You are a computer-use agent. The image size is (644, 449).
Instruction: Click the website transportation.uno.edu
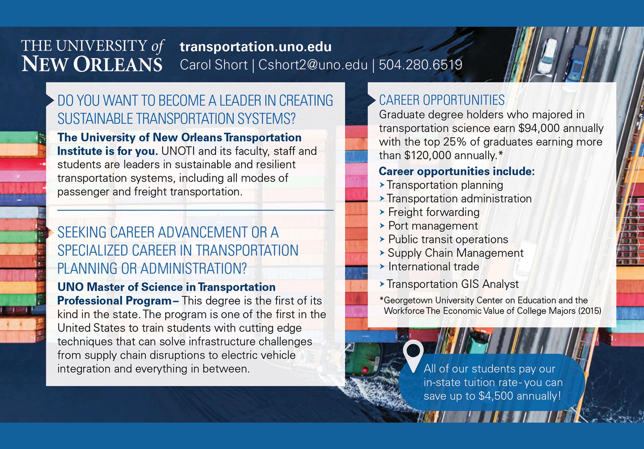click(255, 47)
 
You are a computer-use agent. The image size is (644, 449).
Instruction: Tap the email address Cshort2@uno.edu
click(313, 65)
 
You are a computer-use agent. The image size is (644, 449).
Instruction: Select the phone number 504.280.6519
click(420, 65)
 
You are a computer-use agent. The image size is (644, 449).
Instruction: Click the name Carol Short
click(213, 65)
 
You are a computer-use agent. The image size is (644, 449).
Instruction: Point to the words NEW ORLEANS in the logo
click(92, 64)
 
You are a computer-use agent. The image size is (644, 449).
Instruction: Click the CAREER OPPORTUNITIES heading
click(442, 100)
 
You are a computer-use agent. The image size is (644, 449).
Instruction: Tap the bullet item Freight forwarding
click(434, 212)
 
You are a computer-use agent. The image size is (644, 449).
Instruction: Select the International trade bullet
click(434, 266)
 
